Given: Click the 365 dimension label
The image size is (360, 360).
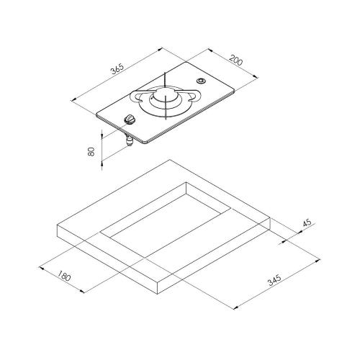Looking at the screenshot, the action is click(x=117, y=68).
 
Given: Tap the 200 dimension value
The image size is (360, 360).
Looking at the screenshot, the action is click(x=236, y=60).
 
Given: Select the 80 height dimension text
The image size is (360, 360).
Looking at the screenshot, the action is click(x=91, y=152).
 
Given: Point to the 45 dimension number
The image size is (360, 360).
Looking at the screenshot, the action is click(x=307, y=223).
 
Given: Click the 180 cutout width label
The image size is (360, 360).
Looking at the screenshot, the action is click(x=64, y=276).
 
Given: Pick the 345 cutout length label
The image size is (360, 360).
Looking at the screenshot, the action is click(x=274, y=280).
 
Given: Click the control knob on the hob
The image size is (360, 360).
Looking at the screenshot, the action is click(x=130, y=120).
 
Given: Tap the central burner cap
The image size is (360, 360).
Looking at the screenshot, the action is click(x=165, y=94).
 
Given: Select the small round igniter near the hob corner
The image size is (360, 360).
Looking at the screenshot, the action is click(x=201, y=81).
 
